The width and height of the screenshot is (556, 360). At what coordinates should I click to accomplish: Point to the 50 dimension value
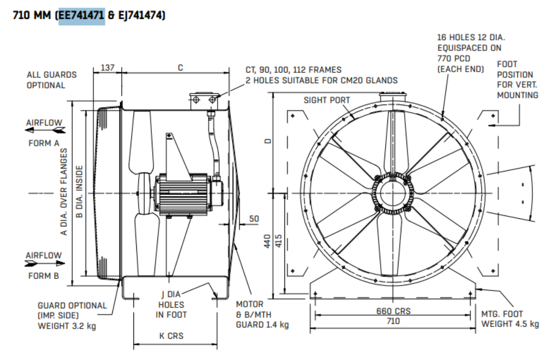point(254,219)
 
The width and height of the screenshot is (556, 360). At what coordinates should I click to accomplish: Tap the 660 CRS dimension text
point(393,311)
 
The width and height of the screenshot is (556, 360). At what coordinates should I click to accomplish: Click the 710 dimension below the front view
point(393,321)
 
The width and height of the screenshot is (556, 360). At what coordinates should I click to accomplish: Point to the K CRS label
point(171,336)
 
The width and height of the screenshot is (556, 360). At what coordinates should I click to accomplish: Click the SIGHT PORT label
point(326,101)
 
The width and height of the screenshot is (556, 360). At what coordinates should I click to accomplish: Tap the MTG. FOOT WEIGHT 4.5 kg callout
point(510,319)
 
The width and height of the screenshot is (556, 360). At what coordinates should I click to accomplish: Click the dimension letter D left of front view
point(267,141)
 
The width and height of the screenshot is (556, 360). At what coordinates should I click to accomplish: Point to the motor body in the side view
point(183,194)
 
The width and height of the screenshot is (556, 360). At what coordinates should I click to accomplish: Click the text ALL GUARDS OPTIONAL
point(51,80)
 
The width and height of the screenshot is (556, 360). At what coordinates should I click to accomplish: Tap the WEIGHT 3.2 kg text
point(67,326)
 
